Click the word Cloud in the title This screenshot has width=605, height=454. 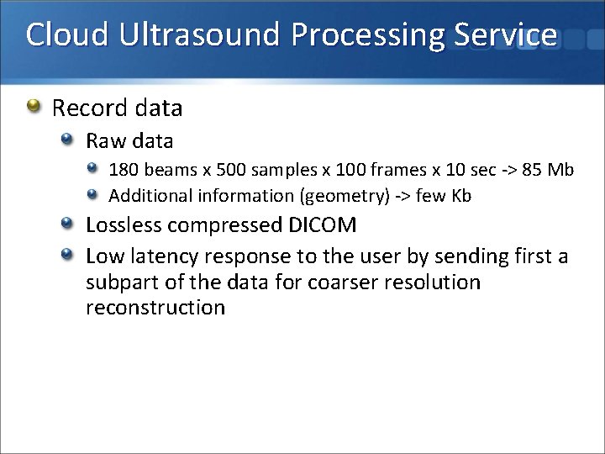coord(66,34)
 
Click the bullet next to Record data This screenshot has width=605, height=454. coord(33,107)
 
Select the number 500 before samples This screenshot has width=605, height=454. coord(231,170)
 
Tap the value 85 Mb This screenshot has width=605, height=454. coord(548,170)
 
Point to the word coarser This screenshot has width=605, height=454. coord(342,282)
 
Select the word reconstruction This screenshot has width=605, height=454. coord(155,308)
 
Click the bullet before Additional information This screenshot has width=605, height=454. coord(95,195)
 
